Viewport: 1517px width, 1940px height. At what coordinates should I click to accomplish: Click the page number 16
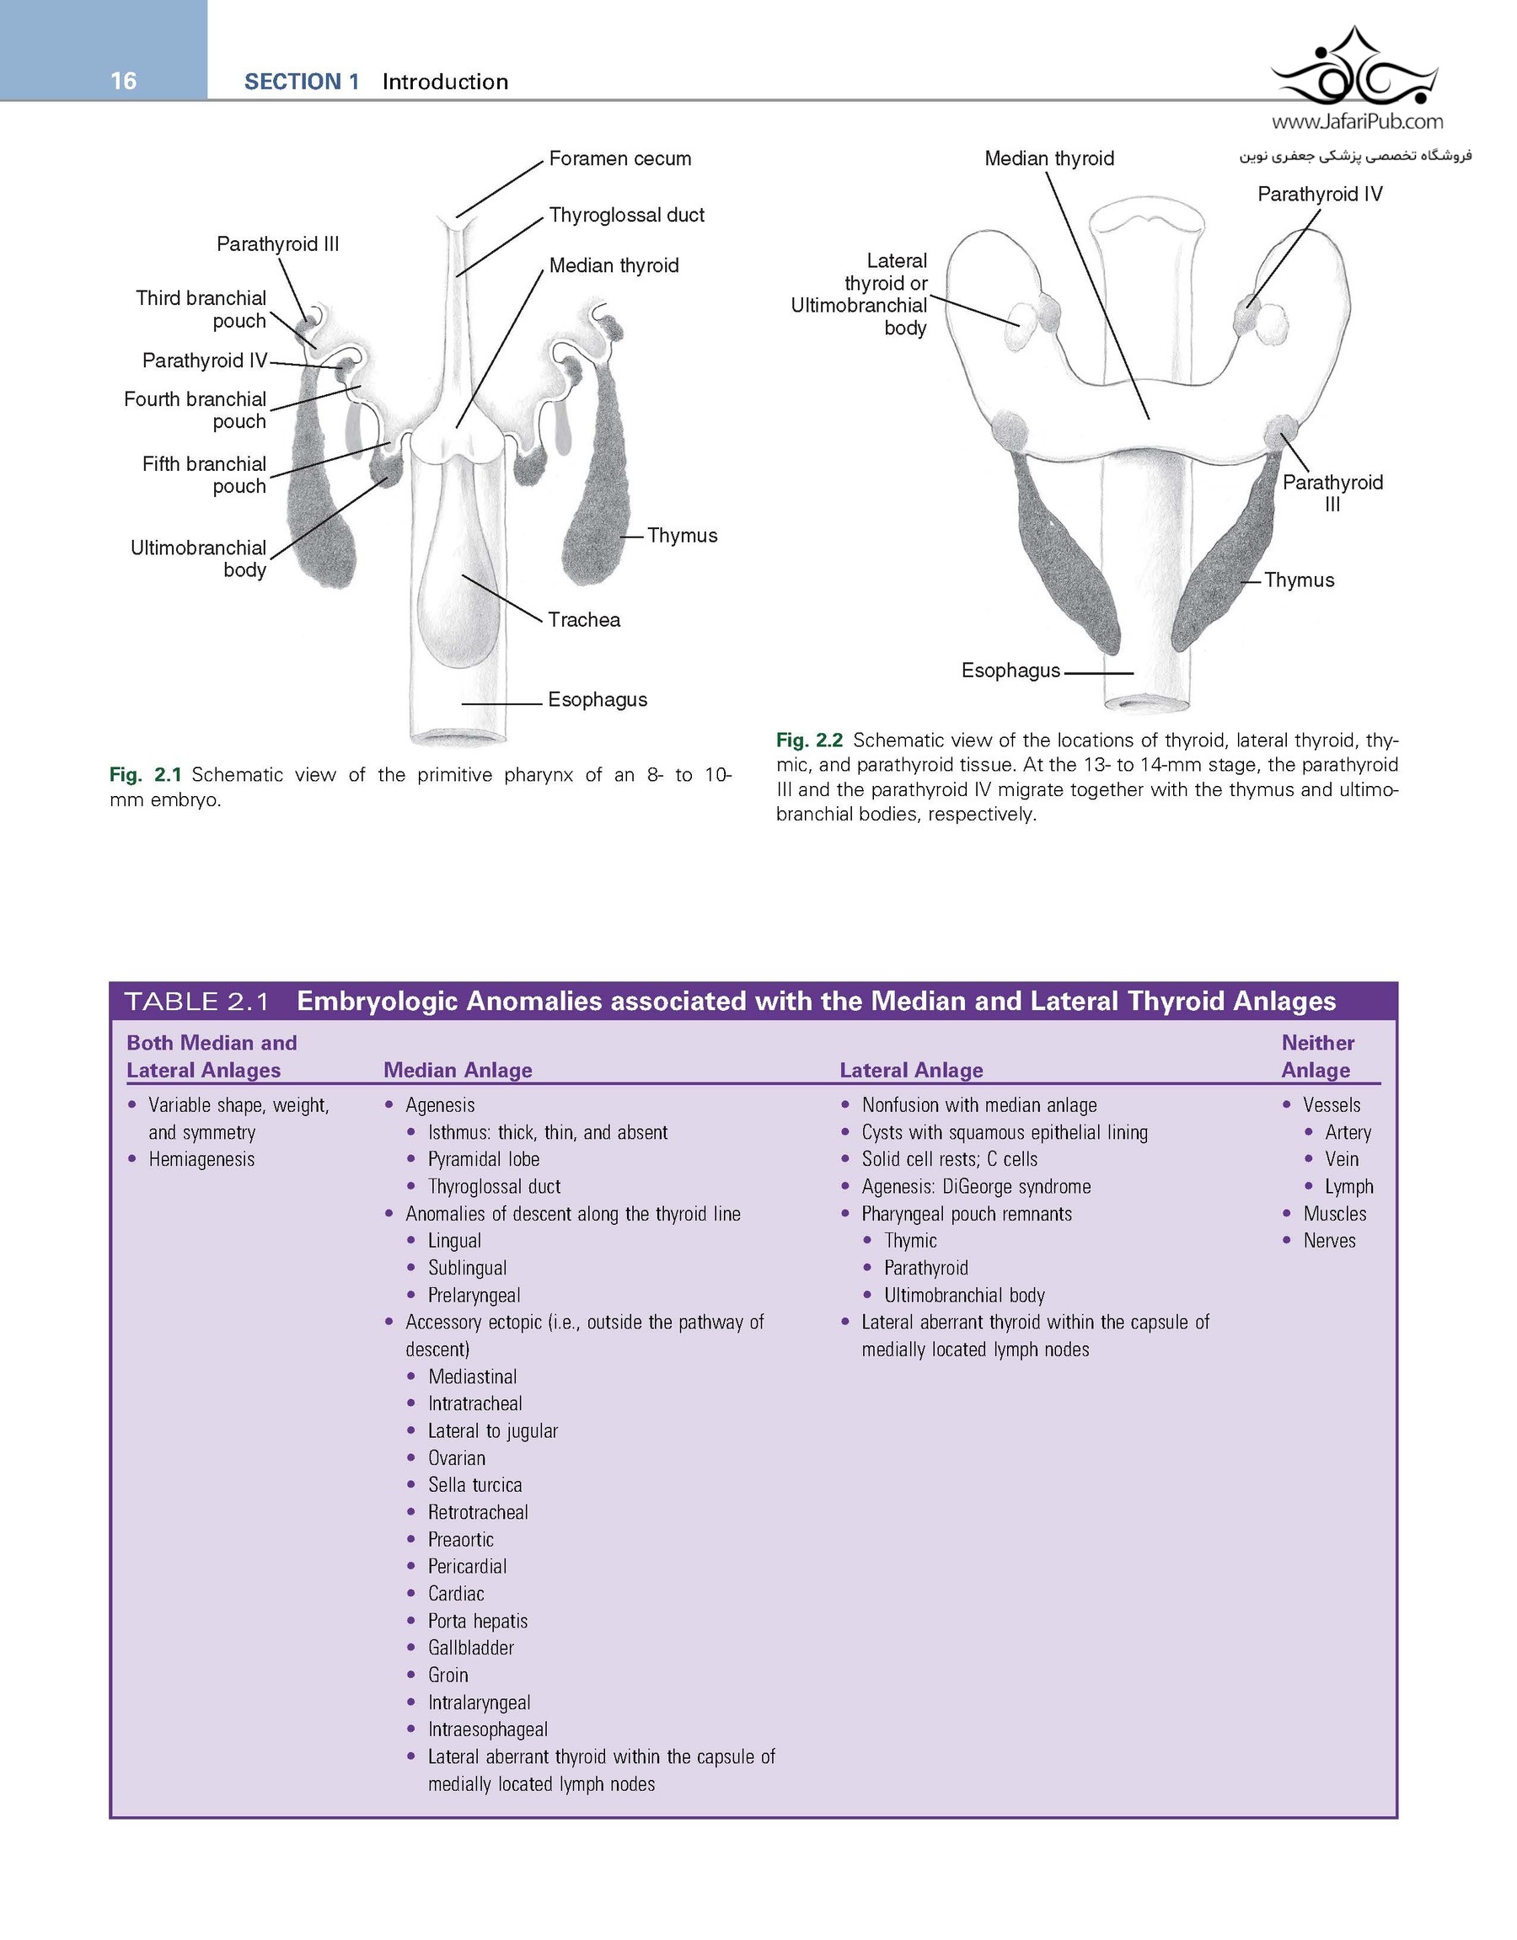pyautogui.click(x=124, y=81)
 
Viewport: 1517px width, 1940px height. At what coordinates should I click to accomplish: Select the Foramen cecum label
pyautogui.click(x=619, y=159)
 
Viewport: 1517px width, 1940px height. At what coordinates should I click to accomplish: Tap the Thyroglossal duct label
pyautogui.click(x=625, y=215)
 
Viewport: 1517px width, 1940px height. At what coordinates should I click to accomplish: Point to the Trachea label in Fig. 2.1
pyautogui.click(x=584, y=620)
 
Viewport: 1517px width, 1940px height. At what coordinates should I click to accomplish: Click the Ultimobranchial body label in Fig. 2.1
pyautogui.click(x=198, y=558)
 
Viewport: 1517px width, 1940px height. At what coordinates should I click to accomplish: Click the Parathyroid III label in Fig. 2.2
pyautogui.click(x=1332, y=493)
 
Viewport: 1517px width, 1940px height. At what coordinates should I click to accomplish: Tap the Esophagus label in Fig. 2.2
pyautogui.click(x=1010, y=671)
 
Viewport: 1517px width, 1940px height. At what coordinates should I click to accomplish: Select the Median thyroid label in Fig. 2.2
pyautogui.click(x=1048, y=159)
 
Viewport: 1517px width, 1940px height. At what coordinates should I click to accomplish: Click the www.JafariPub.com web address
pyautogui.click(x=1357, y=121)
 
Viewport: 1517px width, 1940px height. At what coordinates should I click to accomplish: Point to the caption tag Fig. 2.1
pyautogui.click(x=145, y=776)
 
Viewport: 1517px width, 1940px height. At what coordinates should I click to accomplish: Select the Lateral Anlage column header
pyautogui.click(x=911, y=1071)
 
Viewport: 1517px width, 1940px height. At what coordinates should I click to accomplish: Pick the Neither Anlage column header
pyautogui.click(x=1317, y=1056)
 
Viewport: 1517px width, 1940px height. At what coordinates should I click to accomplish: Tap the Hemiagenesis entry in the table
pyautogui.click(x=201, y=1159)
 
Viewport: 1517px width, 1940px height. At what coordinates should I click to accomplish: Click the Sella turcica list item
pyautogui.click(x=474, y=1485)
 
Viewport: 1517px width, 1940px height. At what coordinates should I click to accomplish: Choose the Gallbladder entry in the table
pyautogui.click(x=470, y=1648)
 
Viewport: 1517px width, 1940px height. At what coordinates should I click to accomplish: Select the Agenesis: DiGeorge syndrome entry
pyautogui.click(x=976, y=1187)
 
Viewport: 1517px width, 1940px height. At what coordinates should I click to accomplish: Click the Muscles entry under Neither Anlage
pyautogui.click(x=1334, y=1214)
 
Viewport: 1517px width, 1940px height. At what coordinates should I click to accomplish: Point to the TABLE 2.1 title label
pyautogui.click(x=196, y=1002)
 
